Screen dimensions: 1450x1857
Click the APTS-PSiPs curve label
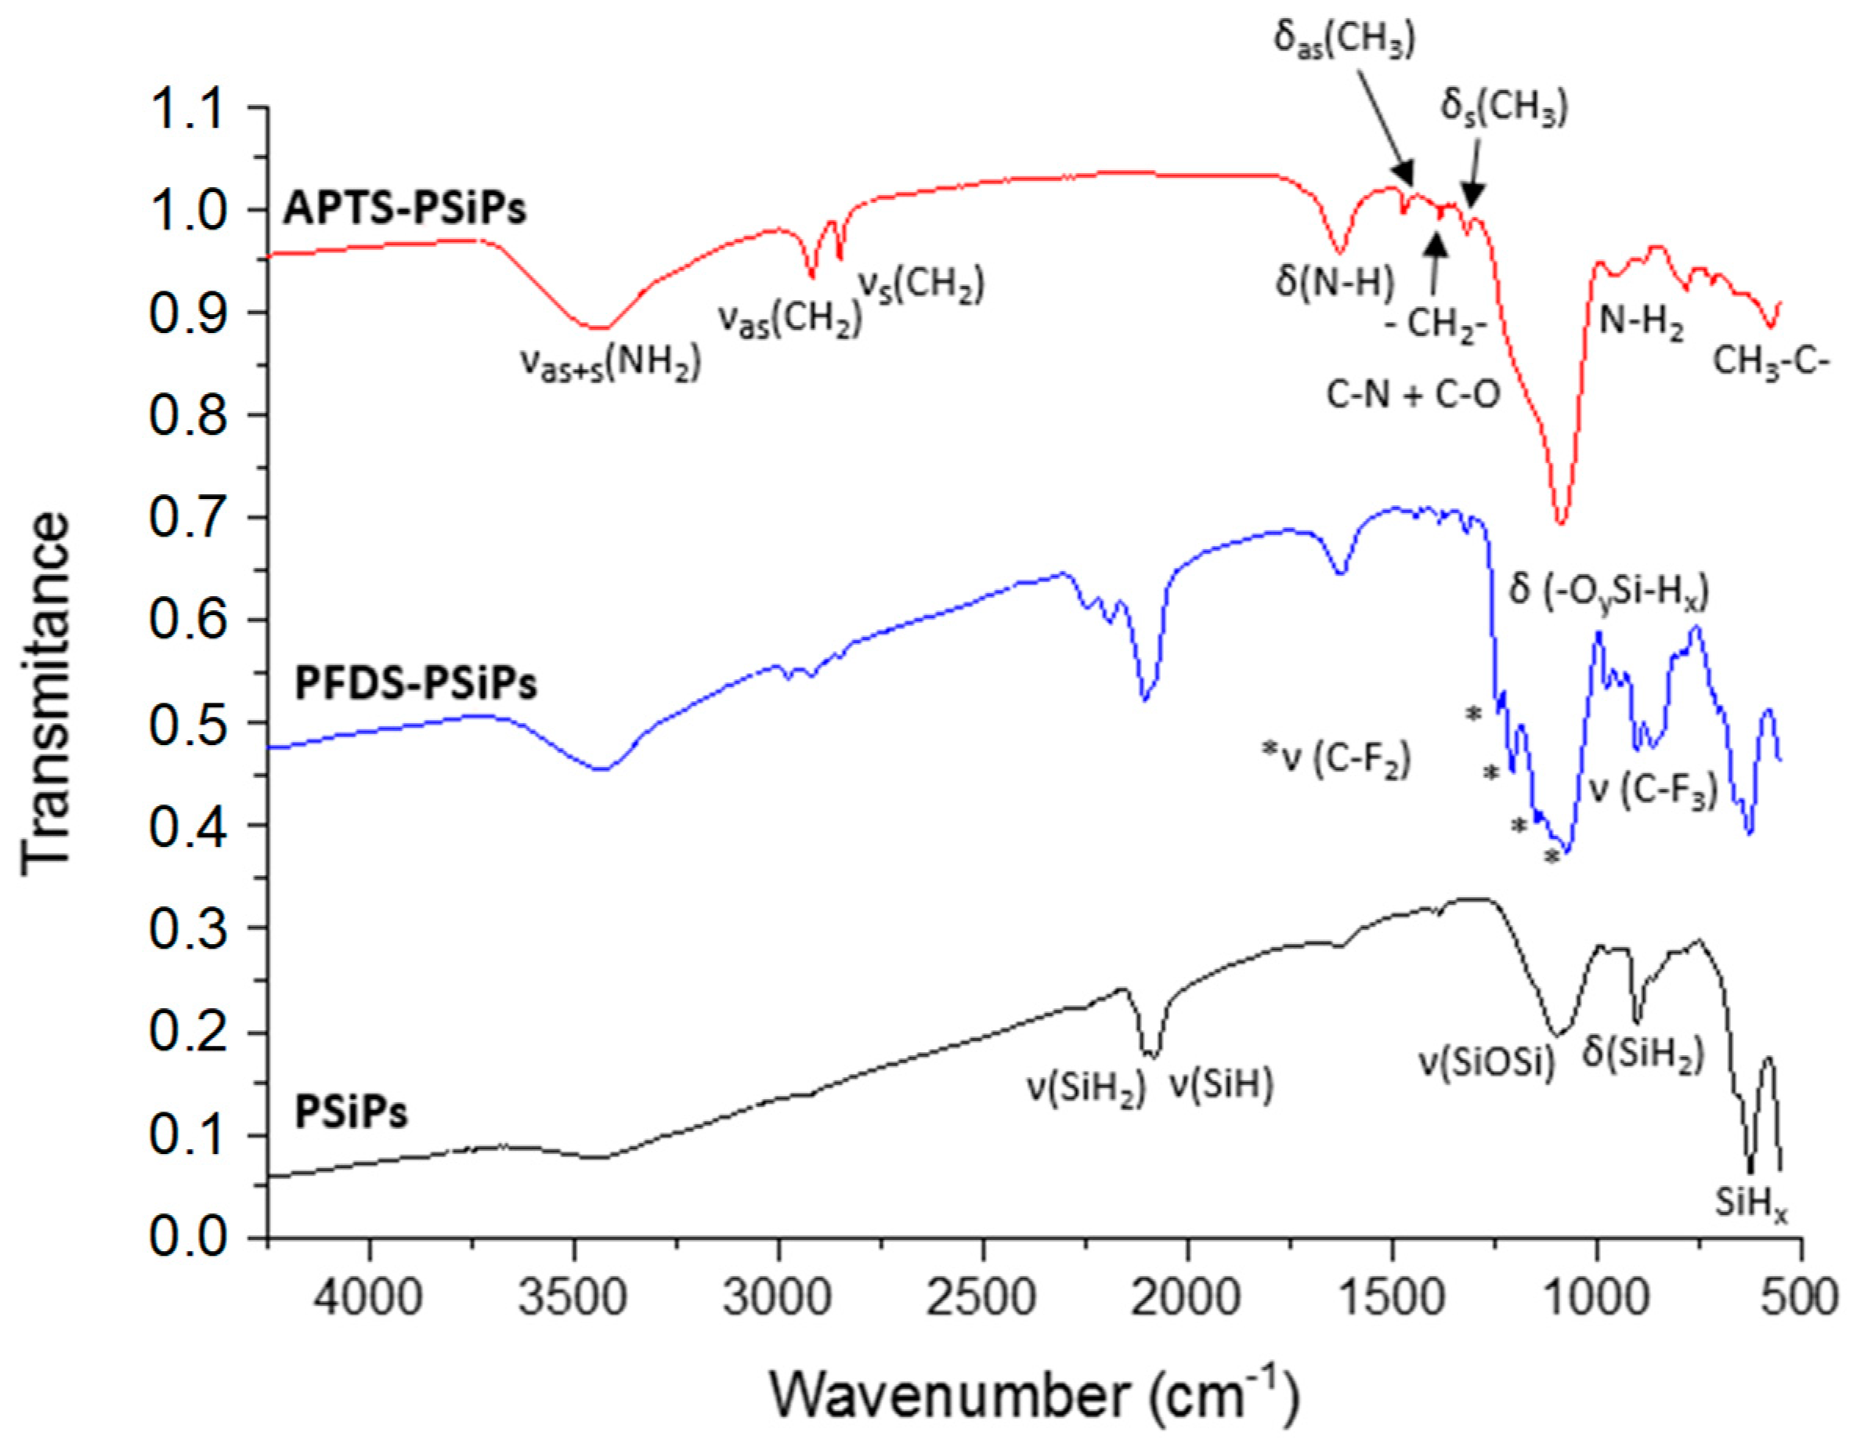[405, 208]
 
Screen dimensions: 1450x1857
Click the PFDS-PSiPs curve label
[415, 684]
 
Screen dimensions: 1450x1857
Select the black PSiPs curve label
[350, 1112]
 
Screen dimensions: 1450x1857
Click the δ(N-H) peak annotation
[1335, 282]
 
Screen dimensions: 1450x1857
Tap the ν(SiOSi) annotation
[1487, 1063]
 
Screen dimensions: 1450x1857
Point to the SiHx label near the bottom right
[1750, 1204]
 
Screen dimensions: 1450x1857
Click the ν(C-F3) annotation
[1653, 790]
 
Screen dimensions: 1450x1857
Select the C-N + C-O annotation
[1413, 395]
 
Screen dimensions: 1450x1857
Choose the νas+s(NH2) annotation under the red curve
[610, 363]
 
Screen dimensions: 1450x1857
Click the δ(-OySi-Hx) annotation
[1609, 590]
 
